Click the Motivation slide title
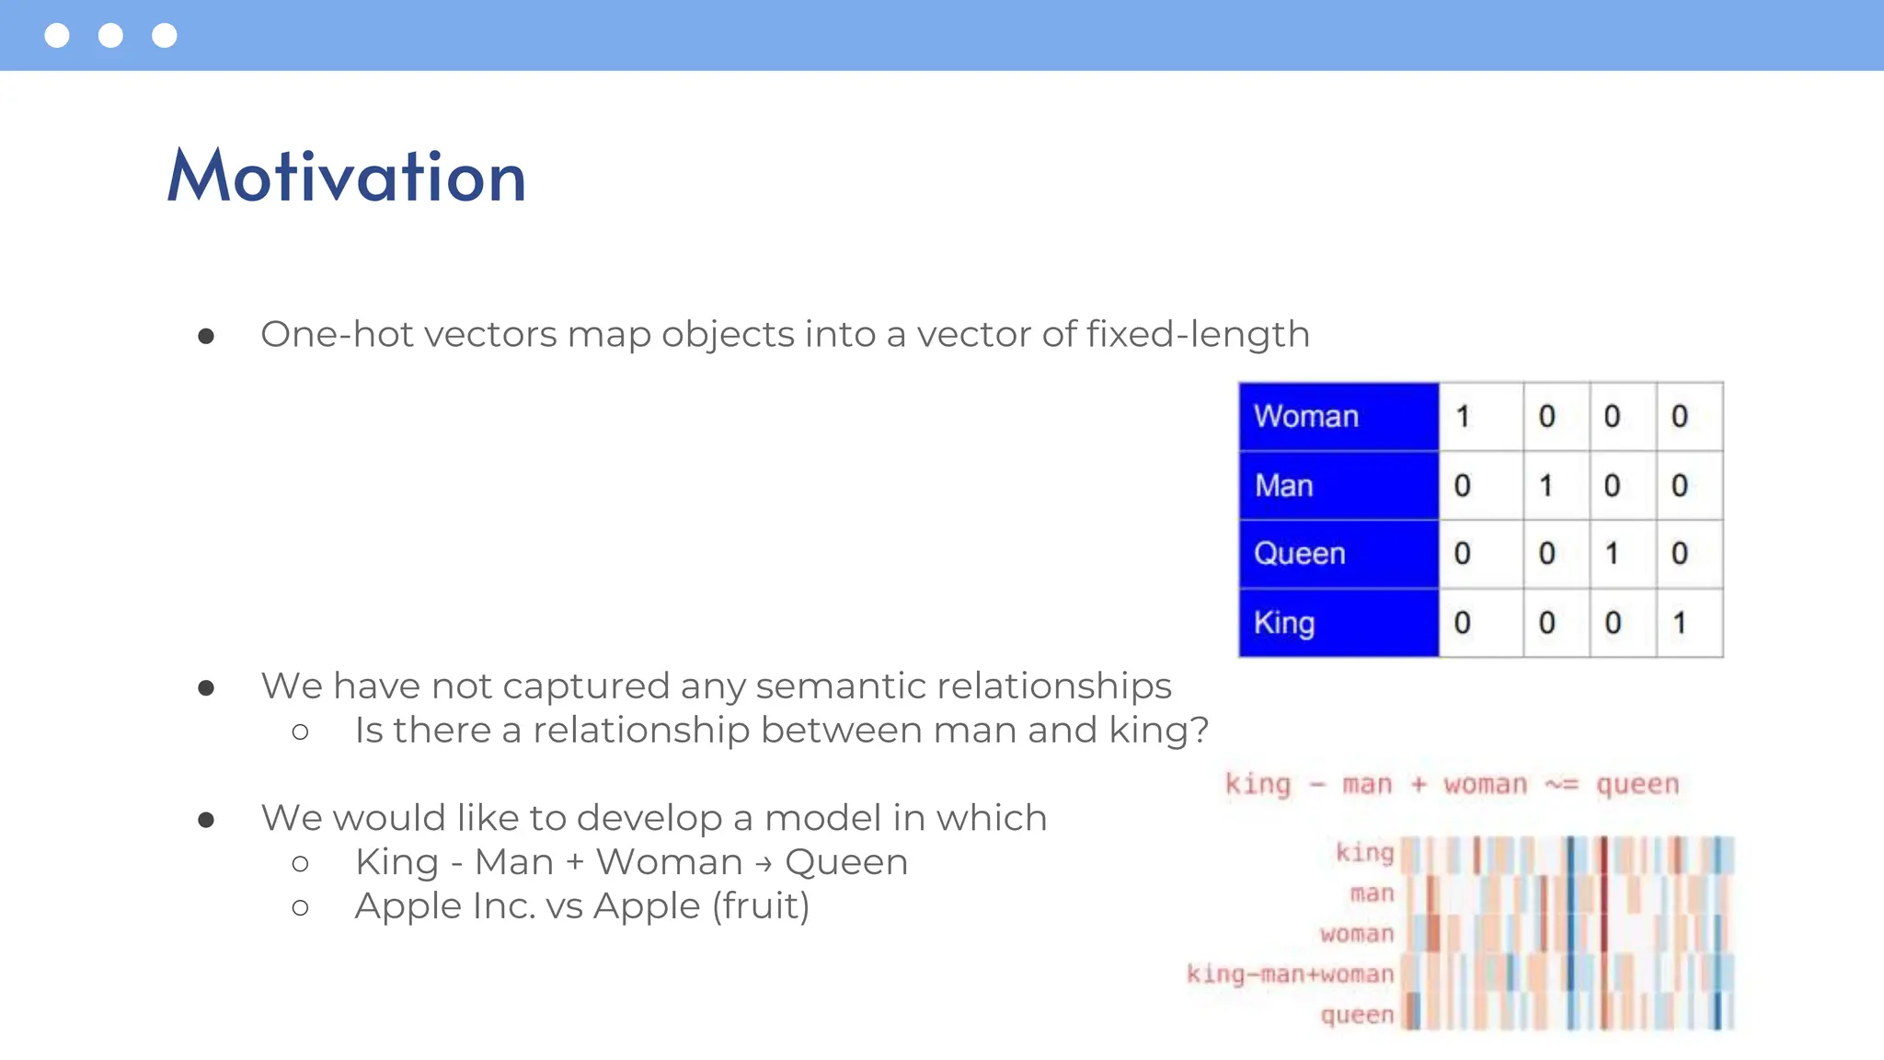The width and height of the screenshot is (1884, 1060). (x=347, y=176)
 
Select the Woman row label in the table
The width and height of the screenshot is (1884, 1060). (x=1305, y=416)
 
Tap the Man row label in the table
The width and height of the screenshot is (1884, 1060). (x=1283, y=485)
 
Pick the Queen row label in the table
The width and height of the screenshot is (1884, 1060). (x=1299, y=553)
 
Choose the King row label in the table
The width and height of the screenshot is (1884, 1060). (x=1283, y=623)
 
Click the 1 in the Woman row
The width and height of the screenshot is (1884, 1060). (x=1463, y=416)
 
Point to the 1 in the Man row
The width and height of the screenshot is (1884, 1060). (x=1546, y=485)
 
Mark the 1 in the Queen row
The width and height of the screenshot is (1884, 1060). (x=1612, y=553)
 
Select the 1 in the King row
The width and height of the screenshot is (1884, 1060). (x=1680, y=623)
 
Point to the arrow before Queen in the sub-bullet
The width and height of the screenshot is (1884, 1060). (x=763, y=864)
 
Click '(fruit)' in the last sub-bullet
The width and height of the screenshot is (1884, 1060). (x=761, y=906)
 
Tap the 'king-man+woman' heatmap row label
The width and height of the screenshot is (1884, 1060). (x=1290, y=974)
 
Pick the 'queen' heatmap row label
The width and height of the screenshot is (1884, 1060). (x=1357, y=1014)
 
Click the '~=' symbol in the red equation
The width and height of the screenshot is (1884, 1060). (x=1561, y=785)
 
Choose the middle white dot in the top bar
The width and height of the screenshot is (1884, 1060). (x=110, y=35)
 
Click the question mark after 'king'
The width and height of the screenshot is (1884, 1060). (x=1198, y=730)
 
